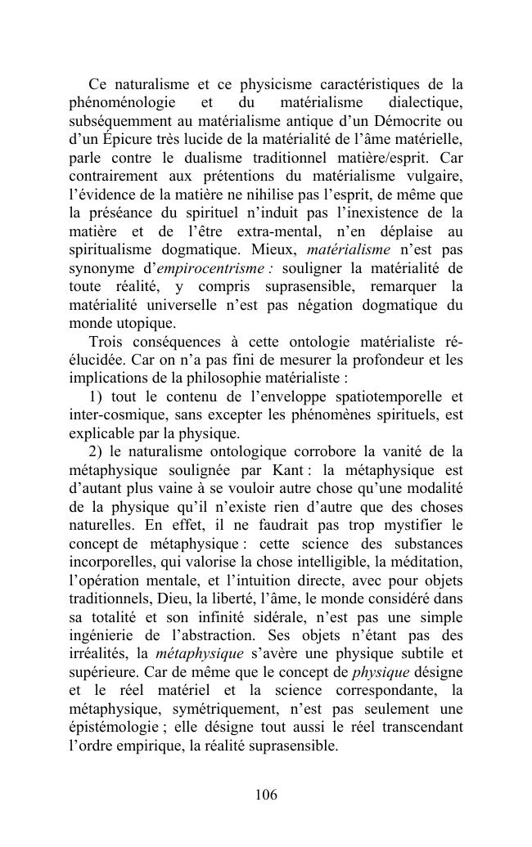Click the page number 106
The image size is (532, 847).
(266, 795)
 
